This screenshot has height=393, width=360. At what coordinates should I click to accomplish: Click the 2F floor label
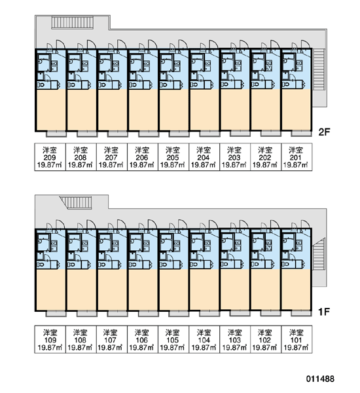tap(325, 132)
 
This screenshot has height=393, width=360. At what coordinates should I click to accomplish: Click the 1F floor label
tap(324, 312)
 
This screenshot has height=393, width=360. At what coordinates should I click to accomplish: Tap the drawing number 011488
tap(320, 379)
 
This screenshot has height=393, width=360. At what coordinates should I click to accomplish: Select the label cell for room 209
tap(50, 157)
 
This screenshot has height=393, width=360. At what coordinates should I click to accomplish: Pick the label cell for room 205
tap(173, 157)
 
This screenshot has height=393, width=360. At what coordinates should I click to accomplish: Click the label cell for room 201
tap(297, 157)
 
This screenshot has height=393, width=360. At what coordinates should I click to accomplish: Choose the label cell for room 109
tap(50, 339)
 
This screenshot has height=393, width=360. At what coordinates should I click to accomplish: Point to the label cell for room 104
tap(204, 339)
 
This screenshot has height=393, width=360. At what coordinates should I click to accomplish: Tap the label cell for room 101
tap(297, 339)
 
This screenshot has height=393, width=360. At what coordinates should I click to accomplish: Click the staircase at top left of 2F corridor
tap(73, 22)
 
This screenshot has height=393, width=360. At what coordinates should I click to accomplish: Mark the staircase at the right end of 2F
tap(319, 69)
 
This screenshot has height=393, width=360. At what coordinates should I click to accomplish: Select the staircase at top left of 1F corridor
tap(76, 202)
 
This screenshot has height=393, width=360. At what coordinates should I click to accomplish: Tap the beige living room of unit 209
tap(51, 109)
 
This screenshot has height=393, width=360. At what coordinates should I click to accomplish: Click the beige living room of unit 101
tap(297, 290)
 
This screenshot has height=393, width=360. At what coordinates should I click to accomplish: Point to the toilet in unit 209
tap(41, 84)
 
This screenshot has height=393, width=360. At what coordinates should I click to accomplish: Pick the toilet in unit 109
tap(41, 265)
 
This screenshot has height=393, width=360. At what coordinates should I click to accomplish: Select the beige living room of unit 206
tap(143, 109)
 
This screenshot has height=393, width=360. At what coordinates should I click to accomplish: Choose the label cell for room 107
tap(111, 339)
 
